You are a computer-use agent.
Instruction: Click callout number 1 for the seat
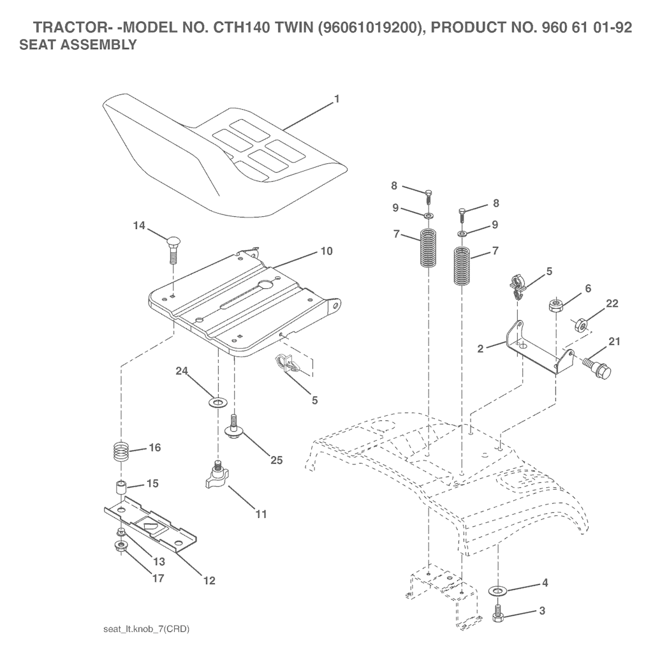(x=337, y=99)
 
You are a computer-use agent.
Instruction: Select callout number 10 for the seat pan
(x=326, y=251)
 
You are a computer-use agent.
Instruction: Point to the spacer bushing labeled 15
(x=121, y=488)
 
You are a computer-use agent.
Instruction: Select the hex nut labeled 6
(x=555, y=305)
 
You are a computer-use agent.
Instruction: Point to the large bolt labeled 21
(x=597, y=365)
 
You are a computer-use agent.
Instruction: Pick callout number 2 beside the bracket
(x=480, y=348)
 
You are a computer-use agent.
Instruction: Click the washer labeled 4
(x=497, y=591)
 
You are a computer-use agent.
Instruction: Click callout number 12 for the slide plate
(x=209, y=580)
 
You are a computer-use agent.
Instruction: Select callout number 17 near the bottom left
(x=158, y=578)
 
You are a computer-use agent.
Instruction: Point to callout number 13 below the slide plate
(x=159, y=561)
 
